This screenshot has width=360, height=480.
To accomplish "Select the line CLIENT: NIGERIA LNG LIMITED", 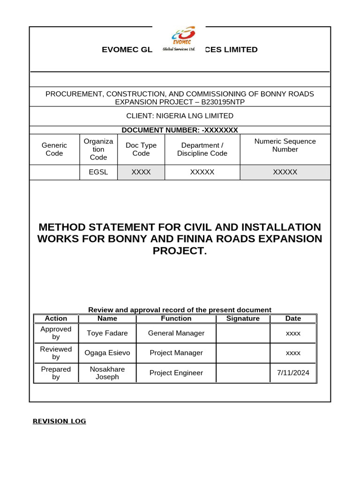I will click(180, 116).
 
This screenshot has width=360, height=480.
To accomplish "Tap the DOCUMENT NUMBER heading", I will click(180, 130).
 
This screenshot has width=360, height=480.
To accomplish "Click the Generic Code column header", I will click(54, 150).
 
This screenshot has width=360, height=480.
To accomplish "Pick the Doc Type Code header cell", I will click(141, 150).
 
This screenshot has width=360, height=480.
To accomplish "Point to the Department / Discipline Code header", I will click(202, 150).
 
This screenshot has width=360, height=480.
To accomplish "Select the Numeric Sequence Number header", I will click(285, 145).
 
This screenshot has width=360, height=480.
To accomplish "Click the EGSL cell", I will click(98, 172).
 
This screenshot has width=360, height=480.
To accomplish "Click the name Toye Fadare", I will click(107, 333).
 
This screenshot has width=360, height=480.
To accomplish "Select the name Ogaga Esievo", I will click(107, 353).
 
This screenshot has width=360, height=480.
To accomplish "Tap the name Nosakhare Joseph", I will click(107, 373).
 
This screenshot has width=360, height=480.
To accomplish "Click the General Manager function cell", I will click(176, 333).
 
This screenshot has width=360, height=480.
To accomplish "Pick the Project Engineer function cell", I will click(176, 373).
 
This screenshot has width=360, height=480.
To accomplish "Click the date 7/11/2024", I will click(293, 373).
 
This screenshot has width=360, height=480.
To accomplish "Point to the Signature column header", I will click(243, 319).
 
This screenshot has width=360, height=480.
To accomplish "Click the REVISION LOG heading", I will click(59, 421).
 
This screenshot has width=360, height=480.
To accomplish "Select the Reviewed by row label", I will click(56, 353).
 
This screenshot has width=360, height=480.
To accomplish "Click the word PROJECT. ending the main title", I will click(180, 251).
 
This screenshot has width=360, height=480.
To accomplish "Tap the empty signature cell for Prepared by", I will click(243, 373).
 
